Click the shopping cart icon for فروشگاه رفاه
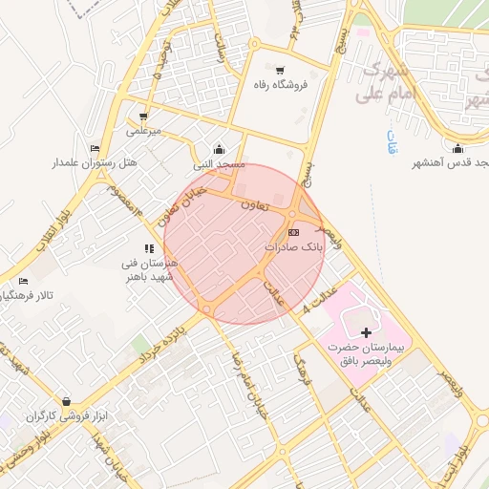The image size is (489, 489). tap(279, 71)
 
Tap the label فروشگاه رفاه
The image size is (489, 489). tap(279, 85)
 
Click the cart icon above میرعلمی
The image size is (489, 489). tap(142, 116)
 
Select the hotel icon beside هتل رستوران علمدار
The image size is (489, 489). tap(94, 148)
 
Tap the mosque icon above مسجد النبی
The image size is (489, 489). tap(220, 149)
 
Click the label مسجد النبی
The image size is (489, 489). tap(220, 164)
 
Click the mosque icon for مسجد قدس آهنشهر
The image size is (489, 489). tap(457, 148)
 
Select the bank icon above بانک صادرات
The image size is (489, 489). tap(293, 232)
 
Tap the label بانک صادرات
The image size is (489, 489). tap(294, 246)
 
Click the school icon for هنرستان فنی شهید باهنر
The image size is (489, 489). tap(149, 249)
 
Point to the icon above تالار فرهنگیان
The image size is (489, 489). tap(23, 281)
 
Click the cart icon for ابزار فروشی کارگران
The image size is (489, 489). tap(65, 401)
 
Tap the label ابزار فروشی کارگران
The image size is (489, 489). tap(64, 416)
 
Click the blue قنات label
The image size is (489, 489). tap(391, 144)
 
